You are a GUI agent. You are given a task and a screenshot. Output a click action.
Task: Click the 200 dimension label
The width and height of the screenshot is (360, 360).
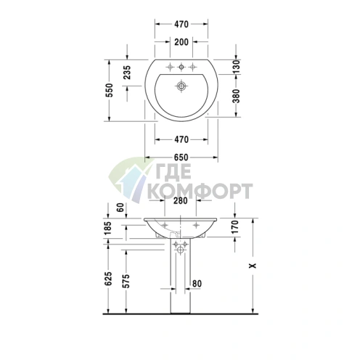(181, 42)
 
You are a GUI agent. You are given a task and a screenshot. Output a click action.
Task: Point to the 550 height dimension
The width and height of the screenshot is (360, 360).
(109, 90)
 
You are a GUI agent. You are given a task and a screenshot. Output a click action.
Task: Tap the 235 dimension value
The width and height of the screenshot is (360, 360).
(127, 73)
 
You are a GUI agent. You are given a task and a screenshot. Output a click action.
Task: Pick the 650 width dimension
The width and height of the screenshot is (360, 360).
(181, 157)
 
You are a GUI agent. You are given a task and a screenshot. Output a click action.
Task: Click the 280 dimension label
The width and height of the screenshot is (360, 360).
(181, 200)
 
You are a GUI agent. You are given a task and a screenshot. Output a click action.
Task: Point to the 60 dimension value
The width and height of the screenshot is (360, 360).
(120, 208)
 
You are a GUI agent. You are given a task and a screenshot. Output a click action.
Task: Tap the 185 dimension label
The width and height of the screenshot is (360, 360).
(107, 228)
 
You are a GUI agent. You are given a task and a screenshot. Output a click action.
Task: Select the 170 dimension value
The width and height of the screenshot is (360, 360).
(235, 226)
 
